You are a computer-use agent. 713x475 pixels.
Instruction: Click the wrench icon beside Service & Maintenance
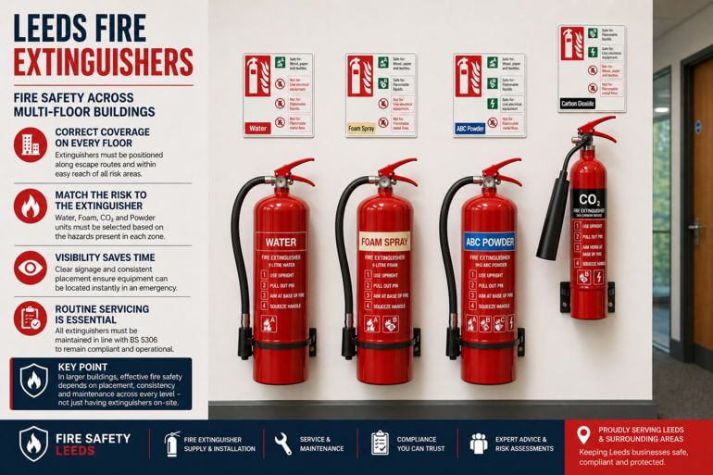282,444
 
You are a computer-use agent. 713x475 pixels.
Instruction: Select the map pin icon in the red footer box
584,435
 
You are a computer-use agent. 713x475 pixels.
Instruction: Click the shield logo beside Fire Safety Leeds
34,444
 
